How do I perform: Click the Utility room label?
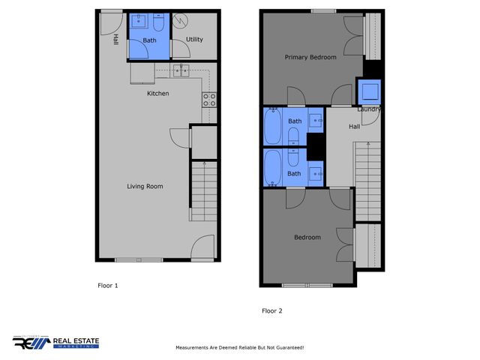coord(194,40)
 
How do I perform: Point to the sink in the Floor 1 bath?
coord(139,22)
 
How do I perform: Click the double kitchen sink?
coord(181,70)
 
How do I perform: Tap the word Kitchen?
coord(157,94)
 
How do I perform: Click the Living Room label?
coord(145,186)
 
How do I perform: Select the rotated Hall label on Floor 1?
coord(115,39)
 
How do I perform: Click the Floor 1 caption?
coord(108,285)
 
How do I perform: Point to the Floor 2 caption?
coord(271,310)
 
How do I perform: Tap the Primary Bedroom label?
coord(310,57)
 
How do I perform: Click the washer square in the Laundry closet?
coord(370,92)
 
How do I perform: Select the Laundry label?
coord(368,109)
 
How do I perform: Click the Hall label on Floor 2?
coord(354,127)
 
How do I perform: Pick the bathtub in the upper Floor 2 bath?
coord(271,127)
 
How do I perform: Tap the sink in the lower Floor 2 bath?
coord(316,173)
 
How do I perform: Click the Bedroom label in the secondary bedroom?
coord(307,238)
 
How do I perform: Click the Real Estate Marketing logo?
coord(55,343)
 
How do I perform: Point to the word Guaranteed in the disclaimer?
coord(286,348)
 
